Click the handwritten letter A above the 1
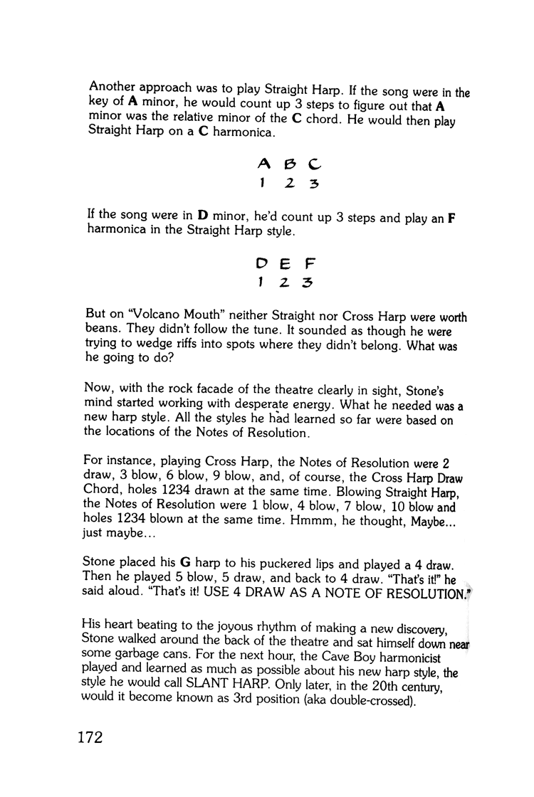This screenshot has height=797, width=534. (263, 164)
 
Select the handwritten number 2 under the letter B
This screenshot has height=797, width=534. (289, 184)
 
